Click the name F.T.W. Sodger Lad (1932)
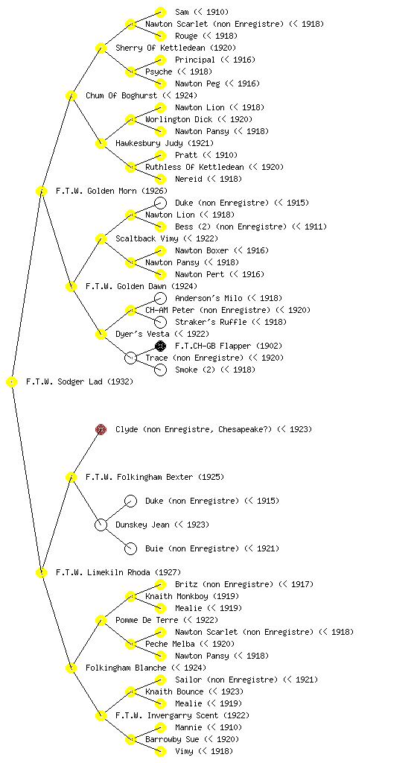pyautogui.click(x=79, y=381)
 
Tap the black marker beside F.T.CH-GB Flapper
pyautogui.click(x=160, y=346)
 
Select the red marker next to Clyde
pyautogui.click(x=101, y=429)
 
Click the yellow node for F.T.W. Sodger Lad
pyautogui.click(x=12, y=381)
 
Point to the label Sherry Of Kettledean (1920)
pyautogui.click(x=176, y=48)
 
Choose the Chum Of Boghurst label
pyautogui.click(x=121, y=95)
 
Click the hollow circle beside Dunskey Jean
pyautogui.click(x=101, y=525)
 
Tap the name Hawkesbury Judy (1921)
pyautogui.click(x=165, y=143)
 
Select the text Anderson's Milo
pyautogui.click(x=208, y=298)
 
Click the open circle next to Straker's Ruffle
pyautogui.click(x=160, y=322)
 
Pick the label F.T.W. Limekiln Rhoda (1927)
pyautogui.click(x=118, y=572)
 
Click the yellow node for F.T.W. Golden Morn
pyautogui.click(x=41, y=191)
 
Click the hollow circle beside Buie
pyautogui.click(x=131, y=548)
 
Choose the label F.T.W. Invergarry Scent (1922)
pyautogui.click(x=182, y=715)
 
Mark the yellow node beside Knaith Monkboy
pyautogui.click(x=130, y=596)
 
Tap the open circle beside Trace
pyautogui.click(x=131, y=358)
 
